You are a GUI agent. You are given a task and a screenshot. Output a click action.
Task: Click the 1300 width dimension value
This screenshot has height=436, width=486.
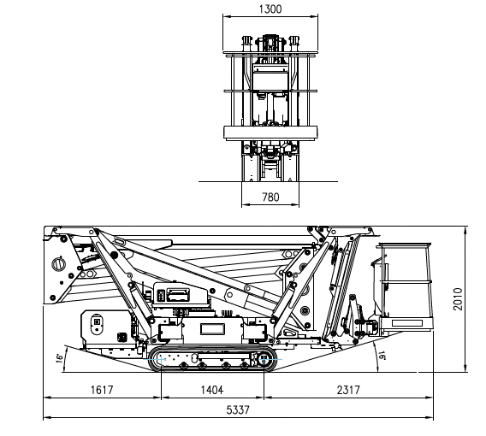click(x=270, y=9)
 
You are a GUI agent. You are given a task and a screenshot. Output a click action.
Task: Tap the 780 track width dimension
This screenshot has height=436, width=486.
click(x=270, y=197)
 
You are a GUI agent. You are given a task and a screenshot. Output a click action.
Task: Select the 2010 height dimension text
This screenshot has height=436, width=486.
click(x=458, y=299)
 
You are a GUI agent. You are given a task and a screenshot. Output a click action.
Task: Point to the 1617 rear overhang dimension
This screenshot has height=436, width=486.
click(x=102, y=390)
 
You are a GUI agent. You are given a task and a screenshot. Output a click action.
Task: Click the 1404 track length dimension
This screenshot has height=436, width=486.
click(x=212, y=390)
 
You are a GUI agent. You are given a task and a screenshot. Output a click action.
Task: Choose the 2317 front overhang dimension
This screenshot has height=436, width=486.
click(x=348, y=390)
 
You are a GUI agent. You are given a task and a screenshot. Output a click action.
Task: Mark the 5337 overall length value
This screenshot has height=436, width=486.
click(x=238, y=409)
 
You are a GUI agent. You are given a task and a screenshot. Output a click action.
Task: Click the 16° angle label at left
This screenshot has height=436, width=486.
click(x=59, y=358)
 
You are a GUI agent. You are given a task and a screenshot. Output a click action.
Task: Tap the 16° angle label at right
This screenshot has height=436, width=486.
click(x=382, y=355)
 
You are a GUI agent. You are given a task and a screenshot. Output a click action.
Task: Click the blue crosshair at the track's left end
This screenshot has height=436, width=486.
click(x=161, y=360)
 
